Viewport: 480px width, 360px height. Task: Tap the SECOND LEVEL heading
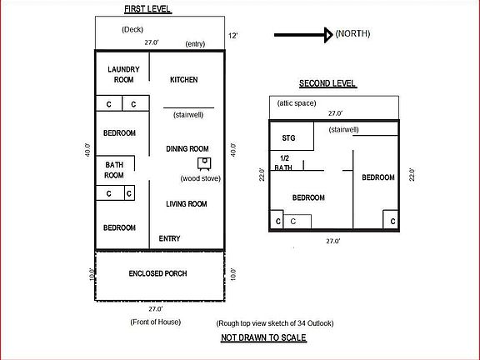tap(327, 83)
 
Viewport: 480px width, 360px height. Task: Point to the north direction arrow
tap(302, 34)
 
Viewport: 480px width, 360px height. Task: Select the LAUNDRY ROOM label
tap(124, 74)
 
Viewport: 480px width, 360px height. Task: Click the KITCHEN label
tap(183, 80)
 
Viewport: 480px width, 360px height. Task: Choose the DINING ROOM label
tap(187, 148)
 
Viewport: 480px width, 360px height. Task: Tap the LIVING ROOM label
tap(187, 203)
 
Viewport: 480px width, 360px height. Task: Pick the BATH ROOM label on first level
tap(114, 170)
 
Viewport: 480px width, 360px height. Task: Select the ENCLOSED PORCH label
tap(157, 274)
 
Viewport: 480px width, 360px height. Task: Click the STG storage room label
tap(289, 137)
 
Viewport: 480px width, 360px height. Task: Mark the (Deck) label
tap(132, 29)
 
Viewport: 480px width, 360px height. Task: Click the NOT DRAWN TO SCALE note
tap(263, 337)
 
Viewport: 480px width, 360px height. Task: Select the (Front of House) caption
tap(157, 322)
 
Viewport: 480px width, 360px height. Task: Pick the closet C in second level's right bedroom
tap(389, 222)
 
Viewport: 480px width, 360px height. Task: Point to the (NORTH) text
tap(352, 33)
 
